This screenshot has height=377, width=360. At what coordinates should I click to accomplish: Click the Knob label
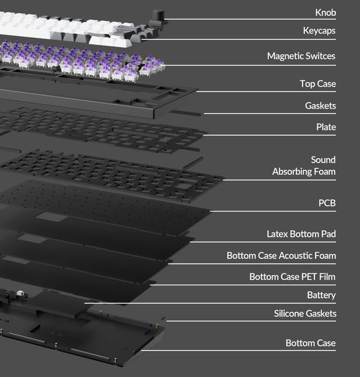point(325,12)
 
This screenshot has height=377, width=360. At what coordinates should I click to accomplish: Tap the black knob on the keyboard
point(159,15)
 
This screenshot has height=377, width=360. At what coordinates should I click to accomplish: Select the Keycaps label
point(319,31)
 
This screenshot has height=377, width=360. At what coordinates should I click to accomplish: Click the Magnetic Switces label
point(301,56)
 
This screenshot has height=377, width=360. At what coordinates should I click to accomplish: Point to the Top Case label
point(318,84)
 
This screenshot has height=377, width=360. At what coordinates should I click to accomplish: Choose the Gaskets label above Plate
point(321,106)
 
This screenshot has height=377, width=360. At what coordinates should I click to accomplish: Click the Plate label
point(326,127)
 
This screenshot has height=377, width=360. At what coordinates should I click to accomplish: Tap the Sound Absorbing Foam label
point(304,165)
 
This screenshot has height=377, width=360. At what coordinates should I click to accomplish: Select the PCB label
point(327,203)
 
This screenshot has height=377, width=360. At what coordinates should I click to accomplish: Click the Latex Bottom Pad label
point(301,234)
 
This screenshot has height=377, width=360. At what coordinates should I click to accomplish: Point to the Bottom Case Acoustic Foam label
point(281,255)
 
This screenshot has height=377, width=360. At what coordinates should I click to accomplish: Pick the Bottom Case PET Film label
point(292,277)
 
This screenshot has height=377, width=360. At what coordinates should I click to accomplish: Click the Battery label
point(321,295)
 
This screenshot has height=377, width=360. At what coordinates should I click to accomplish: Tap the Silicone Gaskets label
point(305,313)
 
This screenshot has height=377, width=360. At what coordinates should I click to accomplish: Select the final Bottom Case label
point(310,343)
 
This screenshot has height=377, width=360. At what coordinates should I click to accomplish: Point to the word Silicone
point(289,313)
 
